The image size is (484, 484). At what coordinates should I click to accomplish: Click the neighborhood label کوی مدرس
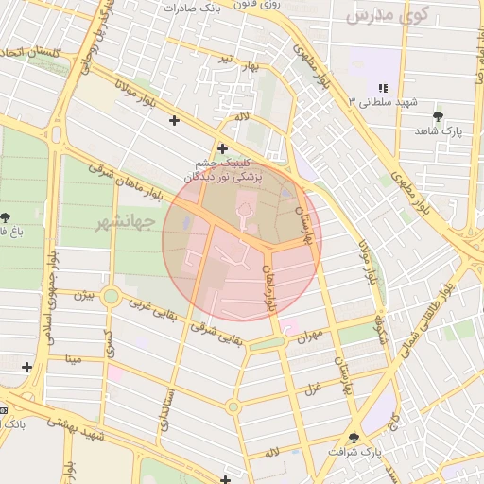388,14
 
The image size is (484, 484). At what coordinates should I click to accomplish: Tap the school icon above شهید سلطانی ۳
382,87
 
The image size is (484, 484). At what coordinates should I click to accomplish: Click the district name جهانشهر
125,222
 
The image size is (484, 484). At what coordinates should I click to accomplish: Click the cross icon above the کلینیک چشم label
222,147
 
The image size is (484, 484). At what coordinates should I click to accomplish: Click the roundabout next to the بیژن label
112,297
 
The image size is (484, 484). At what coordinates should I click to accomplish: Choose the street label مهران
309,334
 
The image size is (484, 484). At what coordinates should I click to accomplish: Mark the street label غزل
311,389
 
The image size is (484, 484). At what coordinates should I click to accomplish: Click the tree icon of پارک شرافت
354,438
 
